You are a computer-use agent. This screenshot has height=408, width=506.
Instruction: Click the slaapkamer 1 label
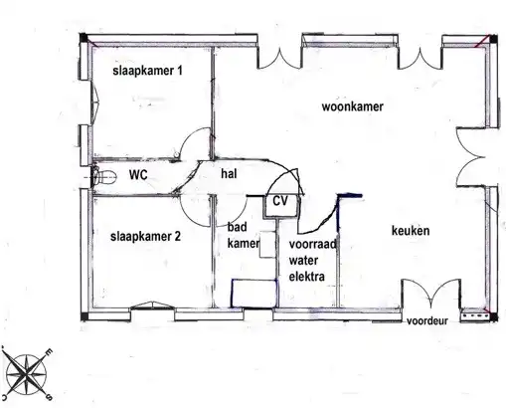click(x=147, y=71)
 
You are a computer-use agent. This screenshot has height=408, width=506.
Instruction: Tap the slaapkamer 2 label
click(x=146, y=237)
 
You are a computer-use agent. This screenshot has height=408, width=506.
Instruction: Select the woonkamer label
click(x=353, y=106)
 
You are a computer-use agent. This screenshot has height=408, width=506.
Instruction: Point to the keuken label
click(x=411, y=231)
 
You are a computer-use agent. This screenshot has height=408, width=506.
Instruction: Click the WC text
click(x=138, y=174)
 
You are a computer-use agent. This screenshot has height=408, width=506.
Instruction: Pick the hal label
click(x=229, y=173)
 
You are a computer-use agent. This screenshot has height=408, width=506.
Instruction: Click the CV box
click(x=281, y=206)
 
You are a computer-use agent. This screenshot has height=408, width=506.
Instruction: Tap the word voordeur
click(x=427, y=320)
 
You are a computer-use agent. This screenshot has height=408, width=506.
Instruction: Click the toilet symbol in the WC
click(x=103, y=176)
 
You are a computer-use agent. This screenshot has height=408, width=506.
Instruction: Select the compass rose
click(x=26, y=374)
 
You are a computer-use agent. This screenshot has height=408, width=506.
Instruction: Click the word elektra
click(x=306, y=277)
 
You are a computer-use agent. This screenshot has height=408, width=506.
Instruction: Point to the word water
click(x=303, y=261)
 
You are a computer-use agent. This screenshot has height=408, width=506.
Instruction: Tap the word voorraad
click(x=312, y=244)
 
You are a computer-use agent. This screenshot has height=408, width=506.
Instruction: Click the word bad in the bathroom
click(x=237, y=227)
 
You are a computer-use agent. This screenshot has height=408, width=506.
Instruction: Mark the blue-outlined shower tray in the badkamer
click(x=253, y=294)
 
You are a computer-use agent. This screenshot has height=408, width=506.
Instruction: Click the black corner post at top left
click(x=83, y=38)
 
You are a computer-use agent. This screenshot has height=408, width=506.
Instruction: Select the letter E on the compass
click(x=49, y=352)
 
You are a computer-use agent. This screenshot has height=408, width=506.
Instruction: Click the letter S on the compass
click(x=49, y=396)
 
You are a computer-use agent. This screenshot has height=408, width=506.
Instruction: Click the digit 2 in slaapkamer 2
click(x=177, y=236)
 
